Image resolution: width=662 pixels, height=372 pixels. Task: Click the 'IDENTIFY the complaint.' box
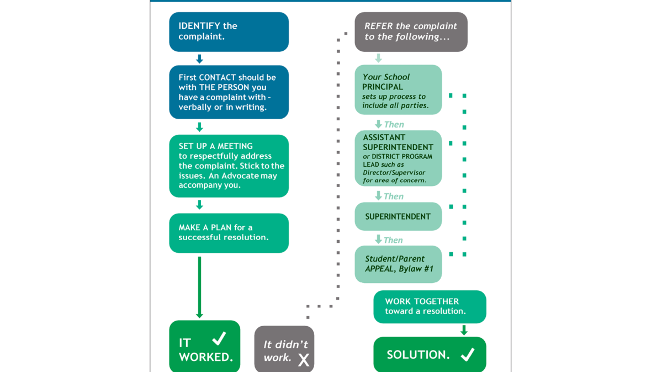[229, 32]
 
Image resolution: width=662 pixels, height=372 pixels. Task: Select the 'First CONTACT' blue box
[229, 92]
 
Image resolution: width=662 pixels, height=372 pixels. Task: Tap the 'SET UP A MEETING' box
[229, 166]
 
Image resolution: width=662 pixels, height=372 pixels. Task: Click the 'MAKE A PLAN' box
[229, 233]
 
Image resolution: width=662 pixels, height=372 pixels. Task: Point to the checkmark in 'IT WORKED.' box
[219, 338]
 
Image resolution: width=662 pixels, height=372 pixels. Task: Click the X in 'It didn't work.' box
[304, 360]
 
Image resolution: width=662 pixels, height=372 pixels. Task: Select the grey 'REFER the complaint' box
[411, 32]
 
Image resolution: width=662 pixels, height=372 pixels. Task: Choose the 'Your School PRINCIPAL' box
[398, 90]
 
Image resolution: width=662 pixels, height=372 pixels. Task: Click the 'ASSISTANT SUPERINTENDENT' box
[398, 158]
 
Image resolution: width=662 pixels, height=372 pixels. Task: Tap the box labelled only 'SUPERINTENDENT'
[398, 216]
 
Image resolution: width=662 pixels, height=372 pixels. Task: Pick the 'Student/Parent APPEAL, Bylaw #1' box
[398, 264]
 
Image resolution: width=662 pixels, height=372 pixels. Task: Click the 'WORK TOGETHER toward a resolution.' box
[430, 306]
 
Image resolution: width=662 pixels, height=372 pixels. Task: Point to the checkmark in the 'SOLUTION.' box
[468, 354]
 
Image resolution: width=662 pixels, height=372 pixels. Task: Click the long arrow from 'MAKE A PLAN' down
[199, 287]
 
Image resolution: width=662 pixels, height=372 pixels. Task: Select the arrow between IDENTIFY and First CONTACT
[199, 59]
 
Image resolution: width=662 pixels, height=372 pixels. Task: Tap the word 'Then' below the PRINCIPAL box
[394, 125]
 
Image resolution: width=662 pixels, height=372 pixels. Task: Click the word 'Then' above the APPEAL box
[393, 240]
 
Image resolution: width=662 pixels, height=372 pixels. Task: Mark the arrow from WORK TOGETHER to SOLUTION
[464, 330]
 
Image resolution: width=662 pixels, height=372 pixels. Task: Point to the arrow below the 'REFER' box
[378, 59]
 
